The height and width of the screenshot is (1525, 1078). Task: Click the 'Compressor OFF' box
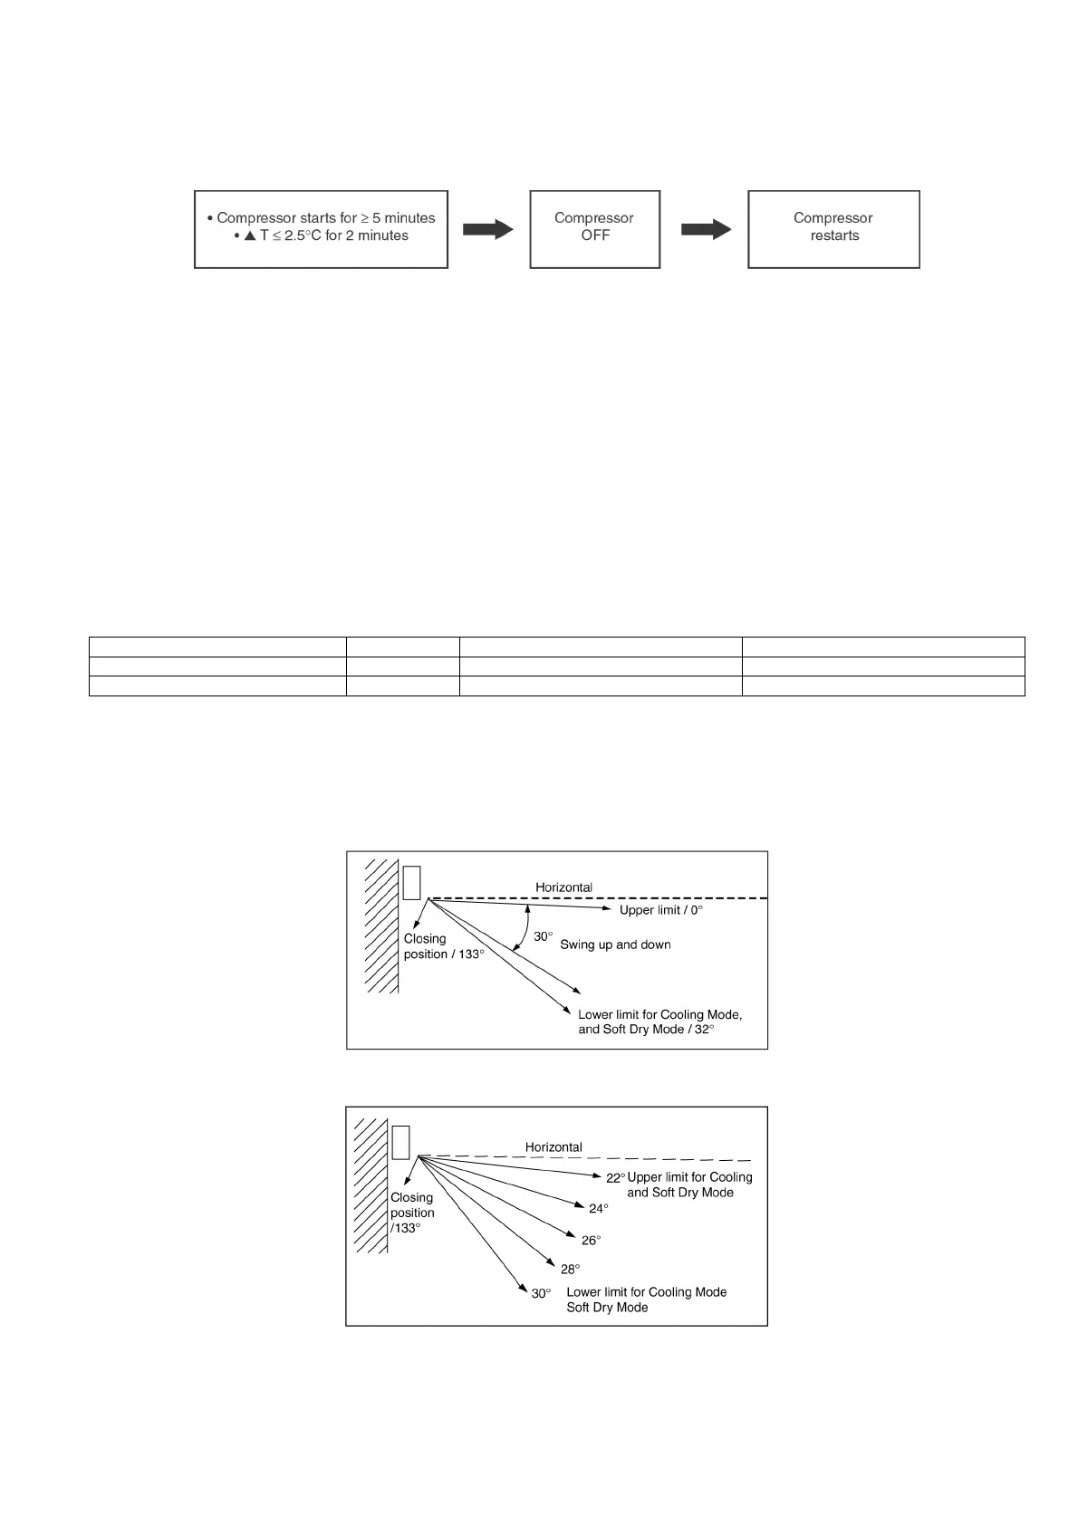[594, 228]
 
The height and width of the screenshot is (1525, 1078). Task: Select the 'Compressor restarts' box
[833, 228]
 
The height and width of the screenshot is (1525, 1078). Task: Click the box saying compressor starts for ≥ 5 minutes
[322, 228]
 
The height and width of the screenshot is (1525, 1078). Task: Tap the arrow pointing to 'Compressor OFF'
[488, 229]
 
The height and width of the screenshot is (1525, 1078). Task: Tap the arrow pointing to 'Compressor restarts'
[706, 229]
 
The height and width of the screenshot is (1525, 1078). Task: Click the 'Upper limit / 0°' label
[660, 910]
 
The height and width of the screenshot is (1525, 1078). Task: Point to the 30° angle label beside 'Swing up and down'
[542, 936]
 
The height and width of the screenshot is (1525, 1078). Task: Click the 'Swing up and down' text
[615, 945]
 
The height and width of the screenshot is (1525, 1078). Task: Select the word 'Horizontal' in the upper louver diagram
[563, 887]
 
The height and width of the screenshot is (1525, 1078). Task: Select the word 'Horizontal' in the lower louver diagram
[553, 1146]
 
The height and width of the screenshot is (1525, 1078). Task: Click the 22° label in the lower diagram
[616, 1178]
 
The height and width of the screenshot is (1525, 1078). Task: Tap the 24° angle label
[599, 1209]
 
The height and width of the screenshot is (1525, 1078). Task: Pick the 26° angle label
[591, 1241]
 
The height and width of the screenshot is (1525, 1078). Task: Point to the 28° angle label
[570, 1269]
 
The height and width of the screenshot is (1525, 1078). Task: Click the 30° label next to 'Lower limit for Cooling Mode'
[541, 1293]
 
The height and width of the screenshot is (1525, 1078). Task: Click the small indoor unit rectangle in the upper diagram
[412, 882]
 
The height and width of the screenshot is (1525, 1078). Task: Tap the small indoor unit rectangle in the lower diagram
[400, 1142]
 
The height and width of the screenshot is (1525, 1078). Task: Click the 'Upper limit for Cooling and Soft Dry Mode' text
[689, 1185]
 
